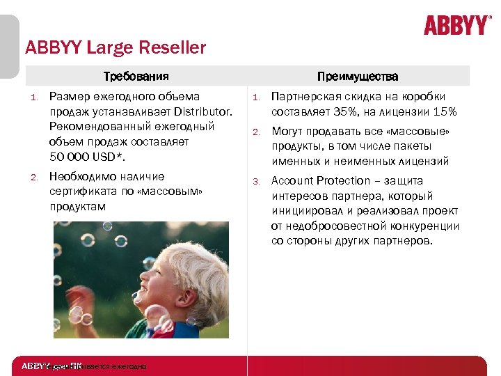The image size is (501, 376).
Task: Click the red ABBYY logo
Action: (457, 25)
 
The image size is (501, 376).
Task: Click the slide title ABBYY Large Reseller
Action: (116, 48)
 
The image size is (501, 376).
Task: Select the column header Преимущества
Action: (358, 76)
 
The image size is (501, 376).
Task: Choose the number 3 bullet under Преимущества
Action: (255, 182)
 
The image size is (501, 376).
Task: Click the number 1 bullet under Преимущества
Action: (255, 97)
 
